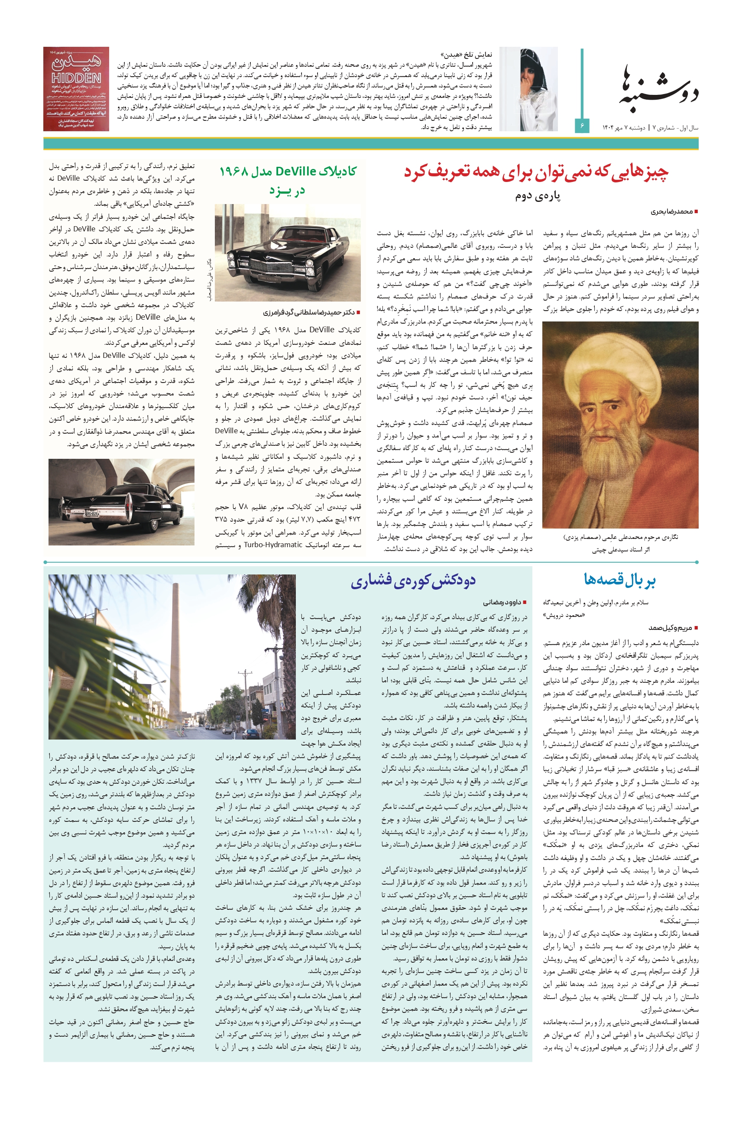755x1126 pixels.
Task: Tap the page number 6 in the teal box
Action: pos(582,126)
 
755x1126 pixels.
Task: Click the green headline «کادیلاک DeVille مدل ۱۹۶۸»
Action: pos(288,172)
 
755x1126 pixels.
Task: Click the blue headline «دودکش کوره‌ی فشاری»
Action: pos(413,581)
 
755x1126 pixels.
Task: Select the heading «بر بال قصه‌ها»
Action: pos(620,579)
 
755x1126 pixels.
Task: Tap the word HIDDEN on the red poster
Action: pos(76,78)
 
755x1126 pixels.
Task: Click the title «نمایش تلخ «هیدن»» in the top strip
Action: pos(466,55)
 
